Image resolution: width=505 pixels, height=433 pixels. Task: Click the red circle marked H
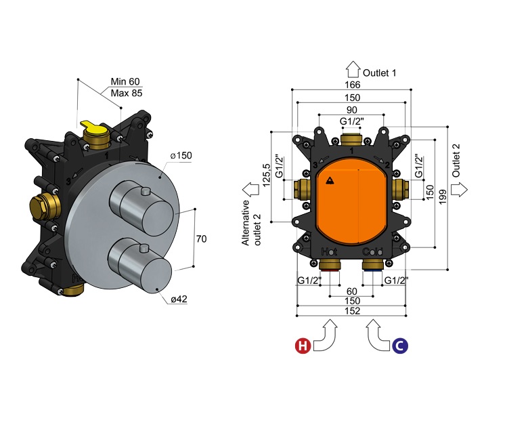tap(302, 346)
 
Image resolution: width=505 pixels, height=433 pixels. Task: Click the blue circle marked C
tap(400, 346)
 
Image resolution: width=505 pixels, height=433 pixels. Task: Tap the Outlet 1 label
tap(380, 72)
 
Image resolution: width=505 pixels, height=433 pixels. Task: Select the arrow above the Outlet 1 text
tap(353, 70)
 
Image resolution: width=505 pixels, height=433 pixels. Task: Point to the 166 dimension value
tap(352, 85)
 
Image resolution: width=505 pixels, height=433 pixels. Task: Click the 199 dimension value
tap(442, 197)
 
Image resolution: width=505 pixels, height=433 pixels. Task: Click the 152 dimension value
tap(352, 311)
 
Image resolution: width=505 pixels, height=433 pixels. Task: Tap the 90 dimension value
tap(352, 110)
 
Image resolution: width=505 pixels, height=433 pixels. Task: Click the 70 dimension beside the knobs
tap(200, 239)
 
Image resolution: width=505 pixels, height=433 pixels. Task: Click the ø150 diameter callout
tap(181, 156)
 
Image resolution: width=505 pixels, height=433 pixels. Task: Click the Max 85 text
tap(126, 93)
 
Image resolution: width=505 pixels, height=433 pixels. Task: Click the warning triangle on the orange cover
tap(330, 181)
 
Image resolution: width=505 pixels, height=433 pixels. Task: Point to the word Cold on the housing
tap(373, 252)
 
